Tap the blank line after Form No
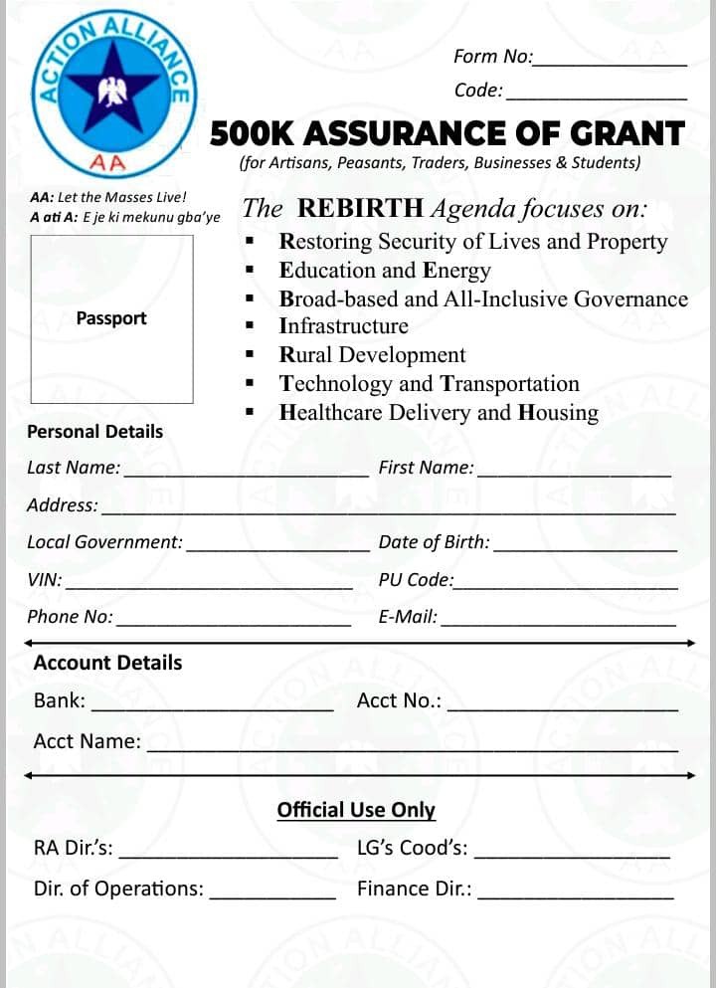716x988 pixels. pos(610,65)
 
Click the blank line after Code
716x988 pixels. pos(596,99)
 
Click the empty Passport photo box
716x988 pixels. pos(111,318)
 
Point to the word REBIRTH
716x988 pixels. pos(361,208)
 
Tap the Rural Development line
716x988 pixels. pos(372,355)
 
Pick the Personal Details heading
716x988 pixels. pos(94,432)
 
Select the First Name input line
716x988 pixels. pos(574,476)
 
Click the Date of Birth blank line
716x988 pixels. pos(585,550)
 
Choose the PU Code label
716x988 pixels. pos(416,579)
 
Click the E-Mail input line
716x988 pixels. pos(558,625)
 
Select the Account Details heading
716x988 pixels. pos(107,663)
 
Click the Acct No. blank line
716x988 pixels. pos(563,709)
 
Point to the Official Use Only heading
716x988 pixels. pos(356,810)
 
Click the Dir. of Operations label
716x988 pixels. pos(118,889)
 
